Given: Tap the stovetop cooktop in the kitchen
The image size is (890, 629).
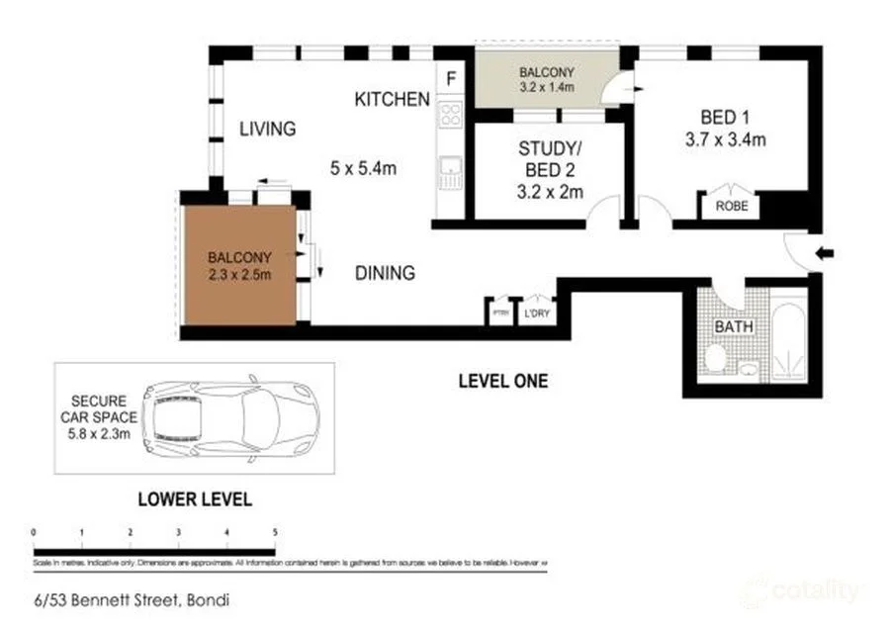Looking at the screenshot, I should pos(451,114).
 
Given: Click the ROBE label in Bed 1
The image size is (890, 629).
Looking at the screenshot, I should pos(731,207).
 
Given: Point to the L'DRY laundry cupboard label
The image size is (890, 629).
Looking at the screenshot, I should pos(537,314).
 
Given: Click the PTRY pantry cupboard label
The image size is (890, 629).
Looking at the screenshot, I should pos(500,314).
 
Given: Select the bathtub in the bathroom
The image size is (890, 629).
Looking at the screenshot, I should pos(788,342).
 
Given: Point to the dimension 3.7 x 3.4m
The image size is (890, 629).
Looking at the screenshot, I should pos(725,139).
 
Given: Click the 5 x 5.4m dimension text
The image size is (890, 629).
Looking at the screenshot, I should pos(363,168).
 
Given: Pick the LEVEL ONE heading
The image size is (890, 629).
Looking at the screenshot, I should pos(502,381).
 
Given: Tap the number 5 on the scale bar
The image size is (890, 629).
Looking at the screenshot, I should pos(275,532).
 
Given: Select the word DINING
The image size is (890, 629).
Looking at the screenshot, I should pos(385,273).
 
